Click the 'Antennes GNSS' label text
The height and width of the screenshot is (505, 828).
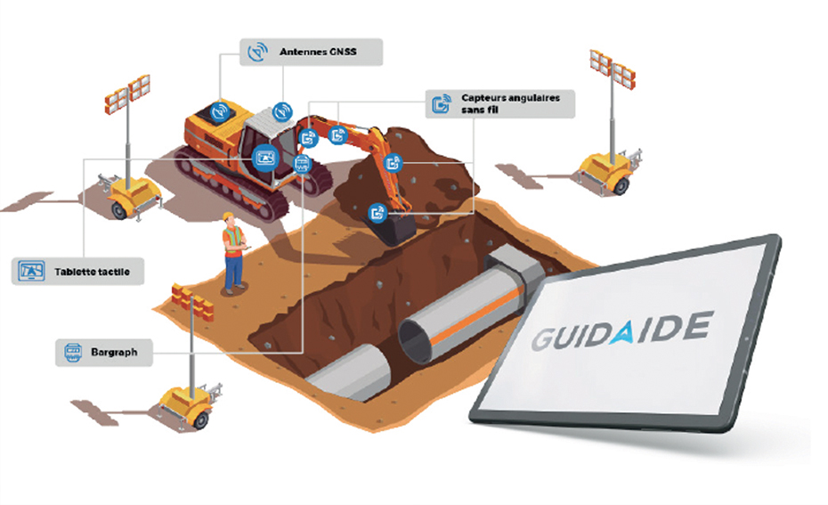[x=318, y=52]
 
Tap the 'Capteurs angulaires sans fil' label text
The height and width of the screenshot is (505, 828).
[x=510, y=103]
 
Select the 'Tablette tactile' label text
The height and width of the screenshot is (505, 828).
[x=92, y=272]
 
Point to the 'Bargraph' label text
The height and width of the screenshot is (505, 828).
[x=114, y=352]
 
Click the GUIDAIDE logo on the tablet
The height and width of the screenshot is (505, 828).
[x=622, y=330]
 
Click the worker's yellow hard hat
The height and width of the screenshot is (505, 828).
[x=228, y=216]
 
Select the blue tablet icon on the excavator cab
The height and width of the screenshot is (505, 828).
[x=265, y=158]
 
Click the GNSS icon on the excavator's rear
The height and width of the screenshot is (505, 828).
[x=219, y=111]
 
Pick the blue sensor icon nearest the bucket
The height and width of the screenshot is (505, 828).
[x=377, y=213]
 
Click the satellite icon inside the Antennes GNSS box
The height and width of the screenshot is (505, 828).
[x=257, y=52]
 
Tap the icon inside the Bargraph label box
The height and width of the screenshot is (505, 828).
[x=73, y=352]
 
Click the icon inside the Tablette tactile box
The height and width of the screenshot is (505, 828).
[x=31, y=271]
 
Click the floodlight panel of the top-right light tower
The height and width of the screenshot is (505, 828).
[x=612, y=69]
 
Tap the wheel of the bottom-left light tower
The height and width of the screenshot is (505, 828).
[x=200, y=420]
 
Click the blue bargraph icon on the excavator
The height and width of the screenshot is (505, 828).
[x=302, y=164]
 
